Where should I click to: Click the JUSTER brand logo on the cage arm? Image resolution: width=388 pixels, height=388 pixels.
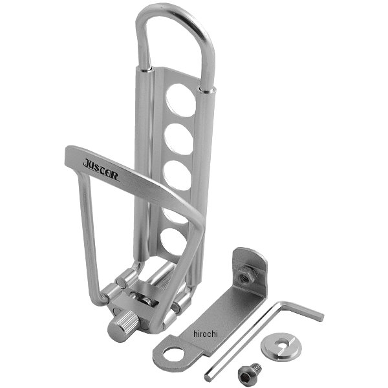[101, 169]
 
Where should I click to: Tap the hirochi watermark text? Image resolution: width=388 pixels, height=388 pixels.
[206, 334]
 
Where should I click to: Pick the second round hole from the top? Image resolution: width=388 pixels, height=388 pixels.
[179, 139]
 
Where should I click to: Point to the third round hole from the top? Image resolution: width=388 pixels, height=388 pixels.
[177, 175]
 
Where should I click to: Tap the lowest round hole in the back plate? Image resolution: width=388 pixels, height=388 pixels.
[173, 242]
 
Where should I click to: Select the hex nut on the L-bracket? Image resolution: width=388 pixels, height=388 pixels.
[246, 274]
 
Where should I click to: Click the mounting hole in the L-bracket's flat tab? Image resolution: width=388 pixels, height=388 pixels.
[173, 354]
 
